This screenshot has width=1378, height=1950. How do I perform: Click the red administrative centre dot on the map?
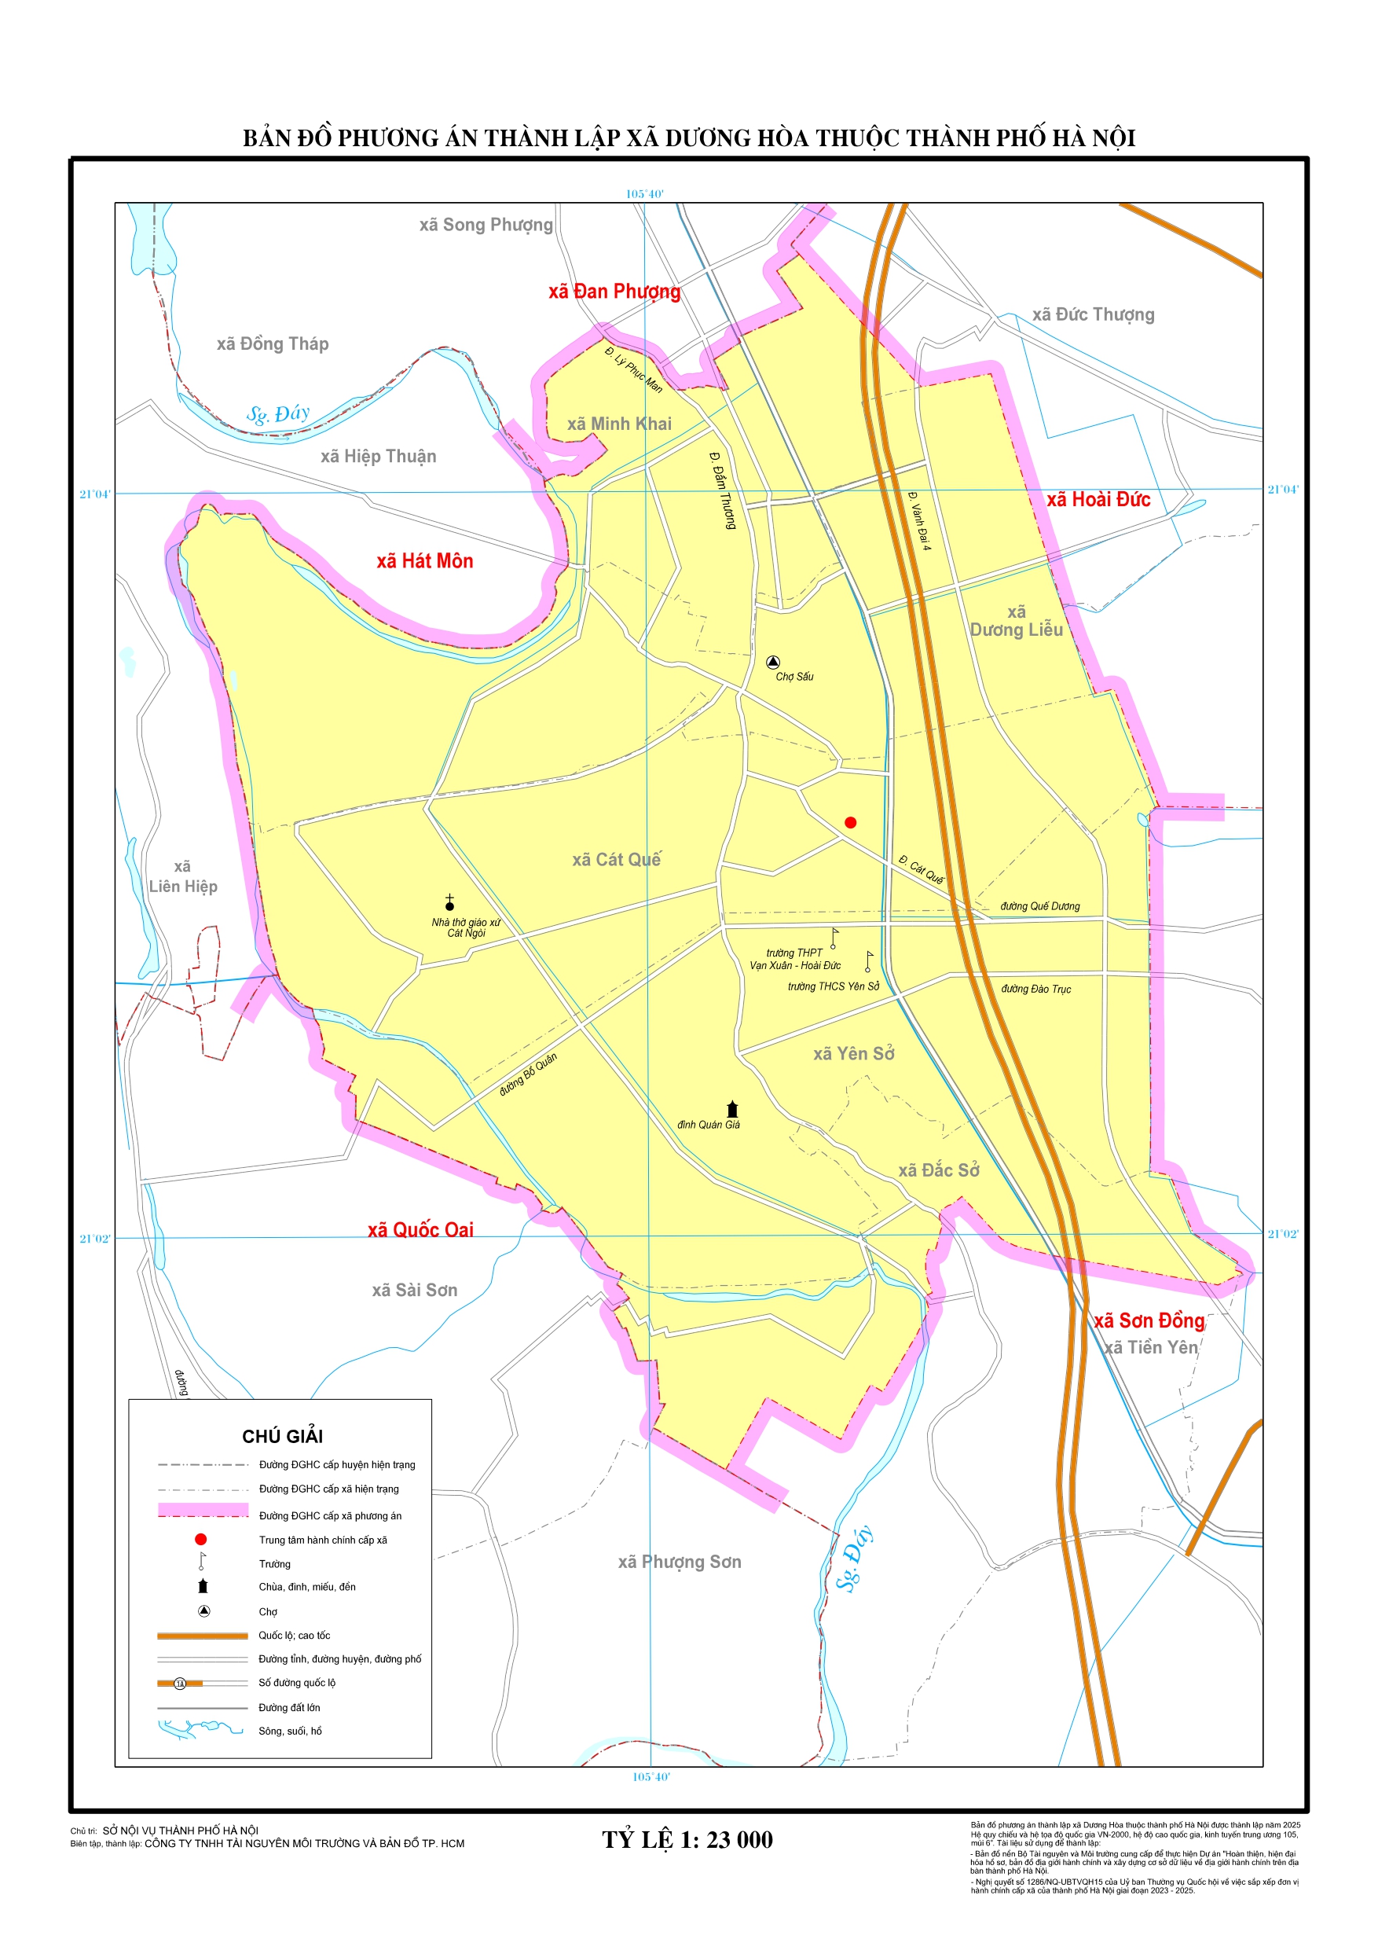[850, 822]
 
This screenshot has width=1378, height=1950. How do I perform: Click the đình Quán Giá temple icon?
[732, 1109]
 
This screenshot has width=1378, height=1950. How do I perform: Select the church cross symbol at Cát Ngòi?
[449, 902]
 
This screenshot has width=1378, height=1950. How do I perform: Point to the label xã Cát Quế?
[616, 860]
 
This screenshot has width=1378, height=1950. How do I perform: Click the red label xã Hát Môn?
[424, 560]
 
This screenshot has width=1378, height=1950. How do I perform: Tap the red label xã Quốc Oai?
[420, 1230]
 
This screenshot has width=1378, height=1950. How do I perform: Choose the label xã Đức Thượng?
[1093, 314]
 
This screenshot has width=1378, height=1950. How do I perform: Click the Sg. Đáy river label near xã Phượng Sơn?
[853, 1558]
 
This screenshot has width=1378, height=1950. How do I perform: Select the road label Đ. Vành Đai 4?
[919, 520]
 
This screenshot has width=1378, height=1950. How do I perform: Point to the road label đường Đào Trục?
[1035, 989]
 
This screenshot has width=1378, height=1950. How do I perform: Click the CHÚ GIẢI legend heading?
[282, 1436]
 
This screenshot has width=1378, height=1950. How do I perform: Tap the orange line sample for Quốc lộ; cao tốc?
[202, 1636]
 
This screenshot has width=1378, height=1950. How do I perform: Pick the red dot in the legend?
[200, 1539]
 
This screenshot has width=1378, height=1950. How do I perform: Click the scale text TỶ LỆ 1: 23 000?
[687, 1840]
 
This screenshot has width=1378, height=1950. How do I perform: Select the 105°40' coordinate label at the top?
[644, 193]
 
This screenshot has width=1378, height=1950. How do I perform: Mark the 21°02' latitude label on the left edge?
[94, 1238]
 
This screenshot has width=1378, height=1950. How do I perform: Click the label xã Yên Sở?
[853, 1054]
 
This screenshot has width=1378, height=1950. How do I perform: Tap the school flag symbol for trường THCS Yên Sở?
[867, 960]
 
